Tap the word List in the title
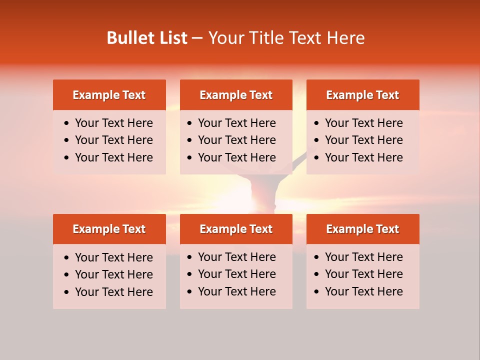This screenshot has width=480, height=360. (x=173, y=38)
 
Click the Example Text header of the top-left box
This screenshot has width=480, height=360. (x=109, y=95)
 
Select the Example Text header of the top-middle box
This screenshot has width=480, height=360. (x=236, y=95)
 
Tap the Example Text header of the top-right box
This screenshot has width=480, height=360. (x=362, y=95)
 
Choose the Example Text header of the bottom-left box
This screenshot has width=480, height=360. (x=109, y=229)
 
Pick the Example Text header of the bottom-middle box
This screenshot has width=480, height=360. (x=236, y=229)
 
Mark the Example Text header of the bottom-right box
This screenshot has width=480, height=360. (x=362, y=229)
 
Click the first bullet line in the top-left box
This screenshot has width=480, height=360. (x=113, y=123)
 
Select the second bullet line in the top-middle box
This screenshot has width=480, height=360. (x=236, y=140)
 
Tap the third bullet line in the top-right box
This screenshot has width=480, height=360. (x=363, y=157)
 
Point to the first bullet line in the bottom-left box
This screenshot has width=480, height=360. (x=113, y=257)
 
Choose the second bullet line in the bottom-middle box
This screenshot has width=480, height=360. (x=236, y=274)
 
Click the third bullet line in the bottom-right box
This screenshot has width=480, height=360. (x=363, y=291)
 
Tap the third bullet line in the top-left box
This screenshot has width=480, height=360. (x=113, y=157)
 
